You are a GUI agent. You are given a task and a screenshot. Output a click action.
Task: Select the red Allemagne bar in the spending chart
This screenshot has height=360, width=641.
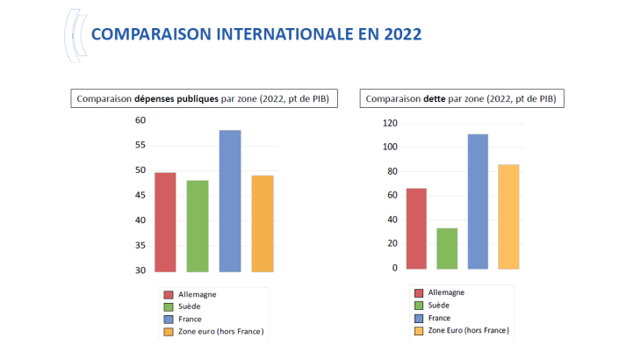(x=164, y=221)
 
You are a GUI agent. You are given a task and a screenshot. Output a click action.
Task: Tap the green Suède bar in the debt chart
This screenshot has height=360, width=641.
(x=447, y=248)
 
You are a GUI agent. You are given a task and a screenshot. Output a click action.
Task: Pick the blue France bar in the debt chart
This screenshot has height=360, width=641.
(x=478, y=201)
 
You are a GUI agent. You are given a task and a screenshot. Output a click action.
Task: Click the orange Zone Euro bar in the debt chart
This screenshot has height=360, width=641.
(x=509, y=216)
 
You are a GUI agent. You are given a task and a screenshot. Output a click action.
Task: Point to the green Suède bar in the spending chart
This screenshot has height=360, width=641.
(x=197, y=226)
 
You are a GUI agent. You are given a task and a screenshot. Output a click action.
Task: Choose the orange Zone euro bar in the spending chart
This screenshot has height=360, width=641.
(x=263, y=223)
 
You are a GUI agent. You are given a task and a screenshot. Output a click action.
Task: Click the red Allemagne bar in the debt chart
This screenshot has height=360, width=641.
(x=416, y=228)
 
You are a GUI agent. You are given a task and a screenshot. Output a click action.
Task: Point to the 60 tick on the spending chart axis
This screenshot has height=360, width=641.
(x=140, y=119)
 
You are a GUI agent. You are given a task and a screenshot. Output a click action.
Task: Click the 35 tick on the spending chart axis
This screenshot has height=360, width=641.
(x=140, y=245)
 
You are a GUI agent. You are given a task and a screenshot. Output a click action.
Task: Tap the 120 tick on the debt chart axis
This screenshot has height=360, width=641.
(x=390, y=124)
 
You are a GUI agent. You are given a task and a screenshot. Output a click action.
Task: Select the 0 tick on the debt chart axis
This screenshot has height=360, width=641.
(x=395, y=268)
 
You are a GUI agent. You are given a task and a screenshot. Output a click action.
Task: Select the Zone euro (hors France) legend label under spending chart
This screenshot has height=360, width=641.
(x=220, y=331)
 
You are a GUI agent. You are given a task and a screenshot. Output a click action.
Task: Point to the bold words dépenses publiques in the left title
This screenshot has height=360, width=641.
(x=176, y=99)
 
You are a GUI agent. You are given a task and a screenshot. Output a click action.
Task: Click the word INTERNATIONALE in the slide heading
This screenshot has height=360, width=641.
(x=286, y=34)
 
